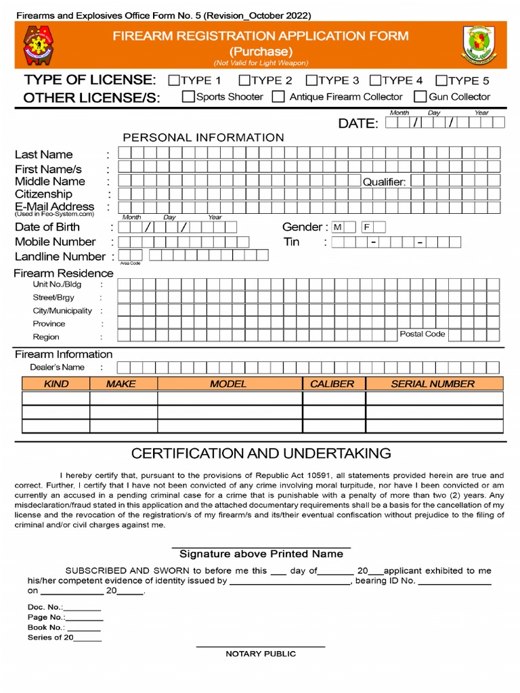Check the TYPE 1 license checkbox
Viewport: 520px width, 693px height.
click(x=174, y=81)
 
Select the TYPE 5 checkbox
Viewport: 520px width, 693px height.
click(x=441, y=81)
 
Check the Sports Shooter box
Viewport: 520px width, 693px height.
click(x=188, y=97)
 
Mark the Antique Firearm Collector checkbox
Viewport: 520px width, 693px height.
click(x=278, y=97)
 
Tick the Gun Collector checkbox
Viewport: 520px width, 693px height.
click(x=420, y=97)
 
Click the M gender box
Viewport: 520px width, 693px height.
click(x=338, y=227)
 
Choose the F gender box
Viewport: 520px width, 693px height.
click(x=366, y=227)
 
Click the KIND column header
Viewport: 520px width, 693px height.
click(x=56, y=384)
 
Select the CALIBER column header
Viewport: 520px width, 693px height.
click(x=332, y=384)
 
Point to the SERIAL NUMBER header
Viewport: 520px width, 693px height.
click(x=433, y=384)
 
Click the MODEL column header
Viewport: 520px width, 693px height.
click(x=229, y=384)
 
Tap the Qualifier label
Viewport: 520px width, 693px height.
click(x=384, y=182)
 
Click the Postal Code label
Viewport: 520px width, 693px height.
click(x=422, y=334)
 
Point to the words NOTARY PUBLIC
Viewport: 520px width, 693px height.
click(x=261, y=654)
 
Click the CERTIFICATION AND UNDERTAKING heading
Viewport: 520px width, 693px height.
click(x=261, y=453)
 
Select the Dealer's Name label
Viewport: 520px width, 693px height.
click(x=57, y=367)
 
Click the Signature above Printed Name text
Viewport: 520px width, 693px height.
click(x=261, y=554)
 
